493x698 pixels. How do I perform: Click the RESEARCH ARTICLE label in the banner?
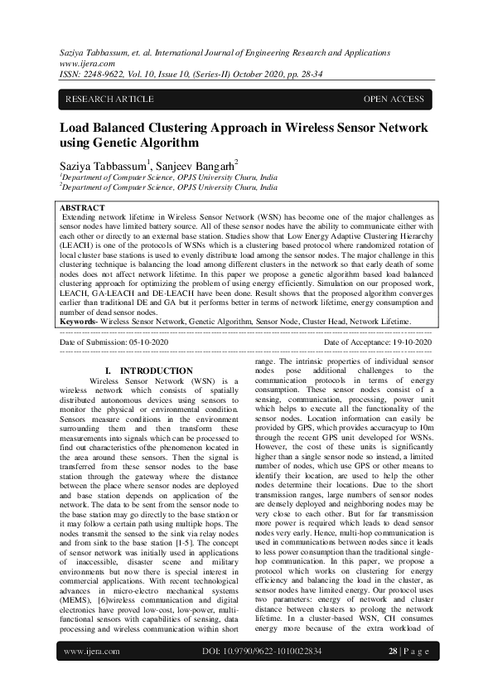109,99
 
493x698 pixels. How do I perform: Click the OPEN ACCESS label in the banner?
394,99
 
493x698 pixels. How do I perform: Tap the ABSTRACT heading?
83,207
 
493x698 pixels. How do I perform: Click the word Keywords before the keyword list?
78,320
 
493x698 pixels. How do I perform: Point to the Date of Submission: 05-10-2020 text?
114,342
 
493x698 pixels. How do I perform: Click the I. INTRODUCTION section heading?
149,371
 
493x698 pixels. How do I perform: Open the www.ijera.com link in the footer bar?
92,675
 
